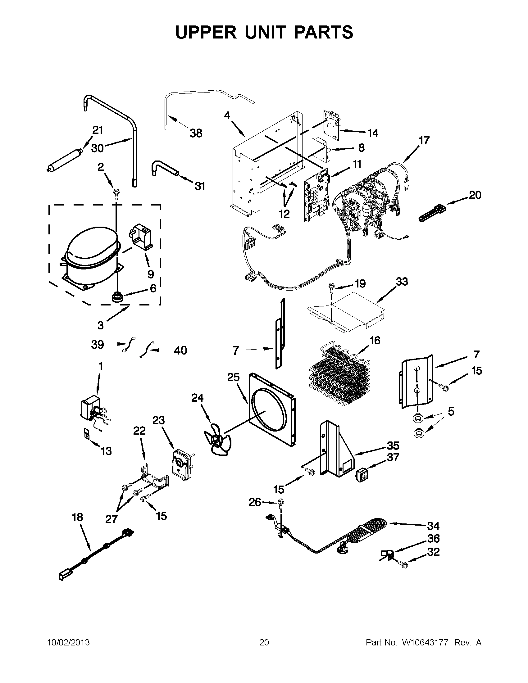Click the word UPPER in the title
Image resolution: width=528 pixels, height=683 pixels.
(206, 32)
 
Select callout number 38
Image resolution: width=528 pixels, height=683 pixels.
(196, 133)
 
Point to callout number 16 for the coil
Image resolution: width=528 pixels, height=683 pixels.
(375, 340)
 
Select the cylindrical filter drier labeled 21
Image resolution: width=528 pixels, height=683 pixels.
(64, 161)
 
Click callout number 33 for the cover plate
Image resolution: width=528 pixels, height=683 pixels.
(402, 282)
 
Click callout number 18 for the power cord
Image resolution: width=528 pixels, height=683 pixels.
(77, 518)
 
